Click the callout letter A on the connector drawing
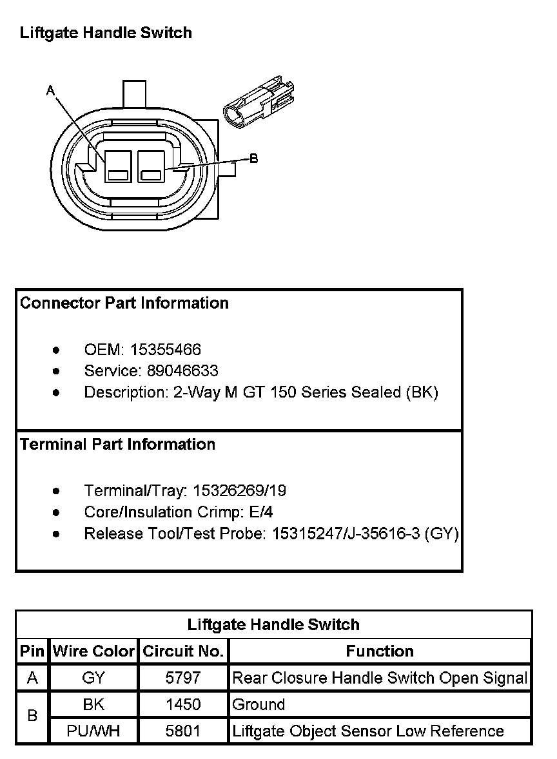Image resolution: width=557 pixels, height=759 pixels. pos(50,91)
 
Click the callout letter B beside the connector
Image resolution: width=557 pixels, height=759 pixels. pos(253,159)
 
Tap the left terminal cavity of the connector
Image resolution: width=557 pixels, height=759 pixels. pos(119,166)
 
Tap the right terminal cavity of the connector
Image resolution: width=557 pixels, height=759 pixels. pos(151,166)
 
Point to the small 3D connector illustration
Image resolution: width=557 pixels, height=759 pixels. pos(260,103)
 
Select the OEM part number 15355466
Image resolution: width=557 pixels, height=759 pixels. pos(166,350)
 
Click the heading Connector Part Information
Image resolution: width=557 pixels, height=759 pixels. pos(124,303)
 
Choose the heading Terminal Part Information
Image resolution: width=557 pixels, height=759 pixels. pos(117,445)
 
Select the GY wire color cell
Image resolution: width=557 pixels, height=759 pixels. pos(93,678)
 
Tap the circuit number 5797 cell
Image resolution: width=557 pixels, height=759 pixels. pos(183,678)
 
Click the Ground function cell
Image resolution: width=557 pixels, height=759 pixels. pos(259,704)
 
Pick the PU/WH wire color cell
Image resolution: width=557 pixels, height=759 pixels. pos(93,731)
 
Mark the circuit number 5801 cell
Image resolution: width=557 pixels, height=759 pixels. pos(183,731)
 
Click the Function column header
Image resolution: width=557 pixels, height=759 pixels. pos(380,651)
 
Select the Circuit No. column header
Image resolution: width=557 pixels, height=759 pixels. pos(183,651)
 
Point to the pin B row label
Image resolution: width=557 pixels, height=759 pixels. pos(32,717)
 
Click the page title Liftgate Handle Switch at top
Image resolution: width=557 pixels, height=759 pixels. pos(106,33)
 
